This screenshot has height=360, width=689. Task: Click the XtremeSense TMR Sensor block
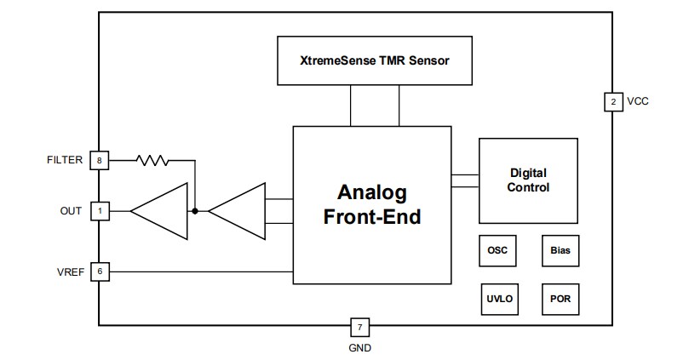pos(374,61)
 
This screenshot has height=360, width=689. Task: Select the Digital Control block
pos(528,180)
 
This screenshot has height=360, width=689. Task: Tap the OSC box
pos(497,251)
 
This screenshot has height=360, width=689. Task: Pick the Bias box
pos(560,251)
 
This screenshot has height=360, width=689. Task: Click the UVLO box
pos(497,299)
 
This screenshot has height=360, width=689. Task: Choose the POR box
pos(560,299)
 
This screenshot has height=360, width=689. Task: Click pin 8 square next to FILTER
pos(100,159)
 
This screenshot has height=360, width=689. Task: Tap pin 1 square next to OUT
pos(100,210)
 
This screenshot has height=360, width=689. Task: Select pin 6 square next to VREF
pos(100,271)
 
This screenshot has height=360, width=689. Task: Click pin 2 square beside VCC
pos(612,102)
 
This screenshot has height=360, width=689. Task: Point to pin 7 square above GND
pos(359,327)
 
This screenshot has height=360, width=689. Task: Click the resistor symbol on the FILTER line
pos(153,159)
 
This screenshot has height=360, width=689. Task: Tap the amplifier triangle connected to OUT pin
pos(161,210)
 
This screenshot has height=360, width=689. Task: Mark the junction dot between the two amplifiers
pos(195,210)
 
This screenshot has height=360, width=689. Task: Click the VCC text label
pos(638,102)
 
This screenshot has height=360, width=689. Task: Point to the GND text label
pos(359,347)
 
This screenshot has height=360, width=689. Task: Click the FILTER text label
pos(65,159)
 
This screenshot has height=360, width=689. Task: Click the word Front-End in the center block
pos(372,217)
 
